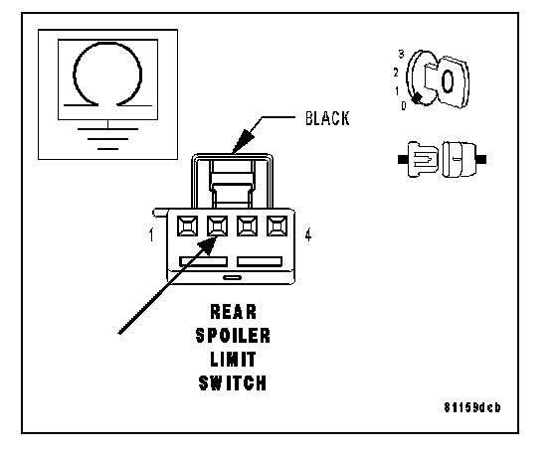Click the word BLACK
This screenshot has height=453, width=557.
tap(327, 118)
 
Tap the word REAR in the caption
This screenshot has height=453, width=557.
tap(233, 312)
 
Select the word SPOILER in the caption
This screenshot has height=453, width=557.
tap(233, 336)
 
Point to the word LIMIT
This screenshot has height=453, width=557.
tap(233, 360)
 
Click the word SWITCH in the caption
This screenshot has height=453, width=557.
tap(233, 383)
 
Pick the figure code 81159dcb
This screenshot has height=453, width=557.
tap(472, 407)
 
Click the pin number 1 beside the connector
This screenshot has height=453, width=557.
tap(151, 234)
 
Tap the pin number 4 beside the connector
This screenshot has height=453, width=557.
tap(308, 234)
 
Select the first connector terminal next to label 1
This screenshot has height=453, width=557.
tap(187, 226)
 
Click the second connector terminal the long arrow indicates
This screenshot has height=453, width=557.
tap(217, 226)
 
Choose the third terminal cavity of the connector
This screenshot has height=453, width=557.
tap(248, 226)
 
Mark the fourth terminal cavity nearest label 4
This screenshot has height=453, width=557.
tap(278, 226)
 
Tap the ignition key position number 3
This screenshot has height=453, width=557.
tap(401, 55)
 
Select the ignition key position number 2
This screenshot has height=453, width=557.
tap(396, 73)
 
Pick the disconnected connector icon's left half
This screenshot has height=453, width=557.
tap(419, 159)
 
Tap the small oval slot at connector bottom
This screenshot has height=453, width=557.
tap(232, 277)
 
